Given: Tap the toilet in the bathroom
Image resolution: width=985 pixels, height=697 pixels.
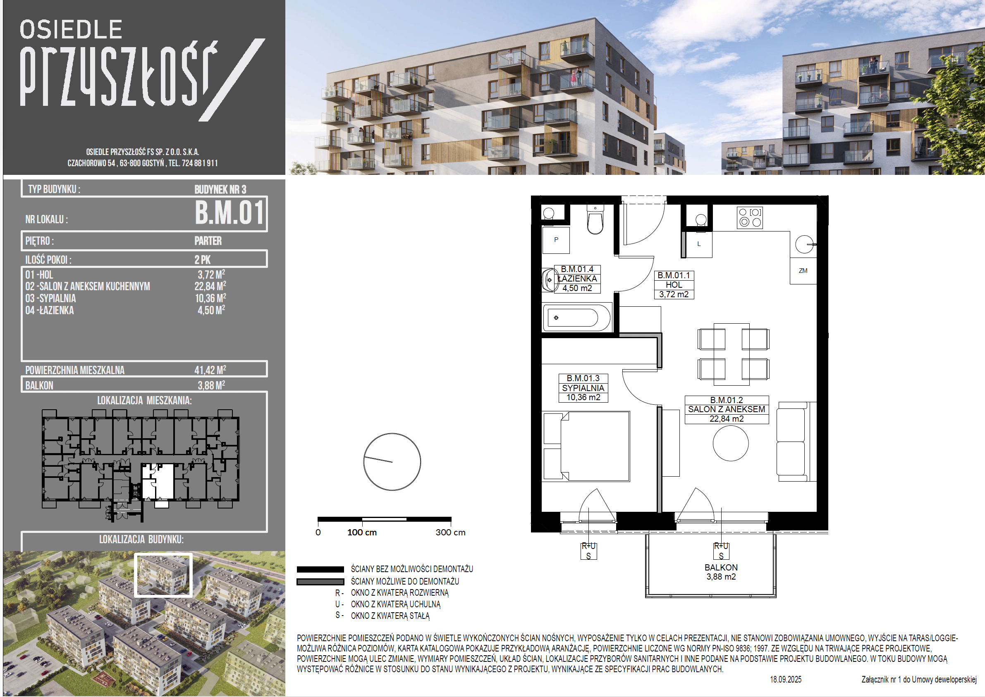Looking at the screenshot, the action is (595, 220).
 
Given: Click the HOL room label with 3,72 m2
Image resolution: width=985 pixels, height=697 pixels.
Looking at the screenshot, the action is (674, 284).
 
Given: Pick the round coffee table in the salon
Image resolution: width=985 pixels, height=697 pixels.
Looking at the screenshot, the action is (731, 443).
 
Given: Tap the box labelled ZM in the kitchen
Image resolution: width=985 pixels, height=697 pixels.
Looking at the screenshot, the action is (803, 271).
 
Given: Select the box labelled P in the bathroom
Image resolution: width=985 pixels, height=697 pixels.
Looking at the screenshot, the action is (556, 240).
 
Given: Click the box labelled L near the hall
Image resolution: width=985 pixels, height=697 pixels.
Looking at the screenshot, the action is (699, 244).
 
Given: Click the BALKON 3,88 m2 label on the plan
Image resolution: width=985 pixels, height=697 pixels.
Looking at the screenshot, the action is (721, 572).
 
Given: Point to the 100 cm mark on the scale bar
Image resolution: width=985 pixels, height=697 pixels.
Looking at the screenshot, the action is (362, 532).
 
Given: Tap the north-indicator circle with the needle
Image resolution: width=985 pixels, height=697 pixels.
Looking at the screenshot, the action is (392, 461).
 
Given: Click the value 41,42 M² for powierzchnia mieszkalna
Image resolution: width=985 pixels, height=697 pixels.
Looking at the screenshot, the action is (210, 370).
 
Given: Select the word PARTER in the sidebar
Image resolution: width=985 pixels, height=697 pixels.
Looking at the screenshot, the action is (208, 241).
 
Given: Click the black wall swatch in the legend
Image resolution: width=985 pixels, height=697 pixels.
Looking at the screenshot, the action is (320, 570).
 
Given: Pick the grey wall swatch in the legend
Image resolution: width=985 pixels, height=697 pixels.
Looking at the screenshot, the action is (320, 582).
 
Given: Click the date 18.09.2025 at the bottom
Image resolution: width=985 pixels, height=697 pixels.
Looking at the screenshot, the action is (785, 679).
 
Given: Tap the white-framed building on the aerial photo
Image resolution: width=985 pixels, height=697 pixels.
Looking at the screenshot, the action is (163, 575).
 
